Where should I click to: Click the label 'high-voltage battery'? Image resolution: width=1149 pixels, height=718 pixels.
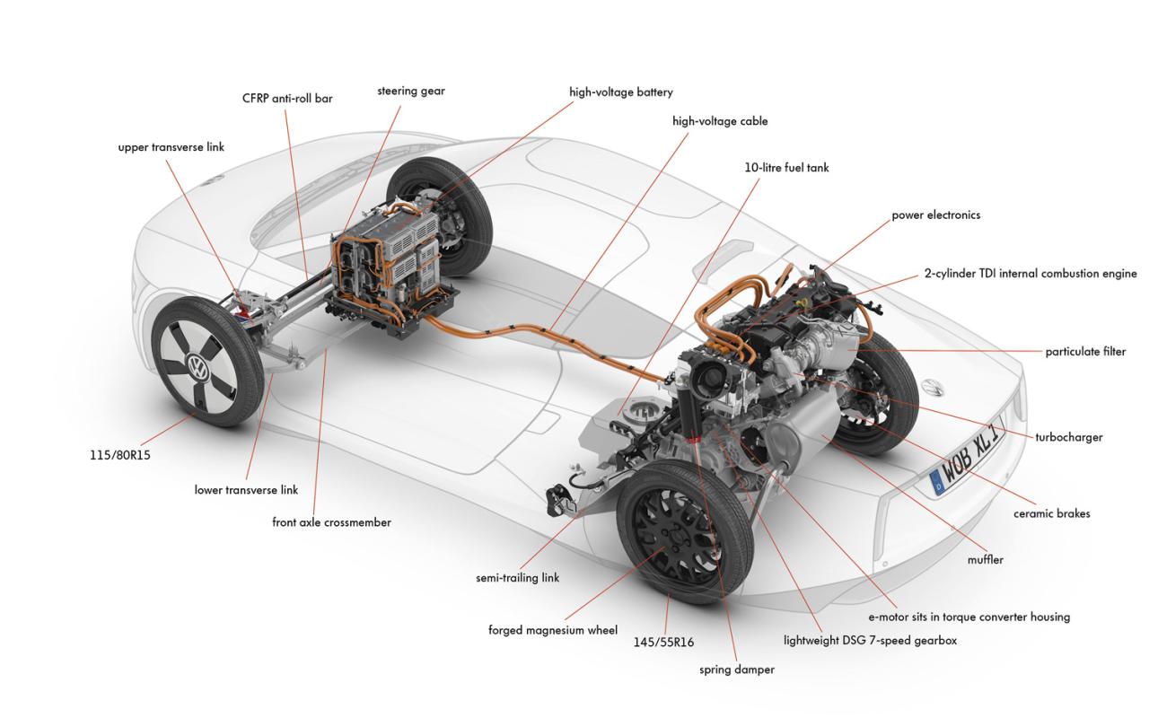coord(620,92)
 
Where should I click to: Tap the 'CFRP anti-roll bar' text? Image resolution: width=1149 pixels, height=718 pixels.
coord(287,98)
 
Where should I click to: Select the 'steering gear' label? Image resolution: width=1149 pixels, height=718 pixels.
coord(410,91)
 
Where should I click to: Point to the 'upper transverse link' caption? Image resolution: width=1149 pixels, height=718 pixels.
coord(171,147)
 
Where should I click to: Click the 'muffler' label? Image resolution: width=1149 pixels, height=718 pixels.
coord(985,559)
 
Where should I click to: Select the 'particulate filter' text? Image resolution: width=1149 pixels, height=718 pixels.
coord(1084,352)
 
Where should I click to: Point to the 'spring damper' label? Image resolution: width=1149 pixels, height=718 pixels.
coord(736,669)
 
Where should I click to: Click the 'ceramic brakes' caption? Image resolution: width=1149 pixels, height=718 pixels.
coord(1051,513)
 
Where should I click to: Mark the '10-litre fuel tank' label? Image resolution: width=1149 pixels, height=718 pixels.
coord(786,167)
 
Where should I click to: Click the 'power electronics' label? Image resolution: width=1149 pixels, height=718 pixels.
coord(935,215)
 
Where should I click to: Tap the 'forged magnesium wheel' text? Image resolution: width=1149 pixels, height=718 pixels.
coord(552,630)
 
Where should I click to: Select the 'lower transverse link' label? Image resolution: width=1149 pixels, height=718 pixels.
coord(246,490)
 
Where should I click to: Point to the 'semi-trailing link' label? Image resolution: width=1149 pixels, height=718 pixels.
coord(517,578)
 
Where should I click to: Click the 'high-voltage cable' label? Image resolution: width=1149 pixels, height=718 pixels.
coord(720,120)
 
